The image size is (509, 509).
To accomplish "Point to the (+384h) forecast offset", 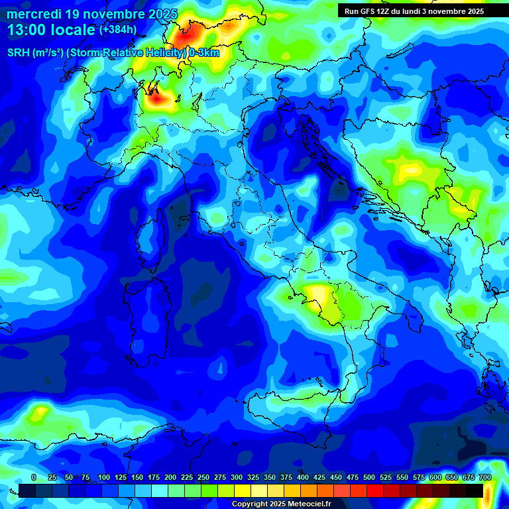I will click(x=118, y=30).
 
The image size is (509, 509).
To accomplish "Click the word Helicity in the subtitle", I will click(x=159, y=53).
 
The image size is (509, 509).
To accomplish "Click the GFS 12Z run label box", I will click(x=414, y=11).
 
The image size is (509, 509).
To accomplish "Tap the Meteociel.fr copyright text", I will click(x=281, y=504).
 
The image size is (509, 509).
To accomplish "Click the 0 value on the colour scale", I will click(x=34, y=478).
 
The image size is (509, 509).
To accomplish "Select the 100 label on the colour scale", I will click(x=104, y=478).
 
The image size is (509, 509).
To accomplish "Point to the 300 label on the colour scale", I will click(x=237, y=478).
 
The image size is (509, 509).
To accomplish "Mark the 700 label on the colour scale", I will click(x=484, y=478).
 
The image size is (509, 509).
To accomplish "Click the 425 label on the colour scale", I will click(x=319, y=478).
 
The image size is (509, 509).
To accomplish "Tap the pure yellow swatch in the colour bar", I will click(x=243, y=490).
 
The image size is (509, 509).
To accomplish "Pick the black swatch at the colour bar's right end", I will click(x=475, y=490).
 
